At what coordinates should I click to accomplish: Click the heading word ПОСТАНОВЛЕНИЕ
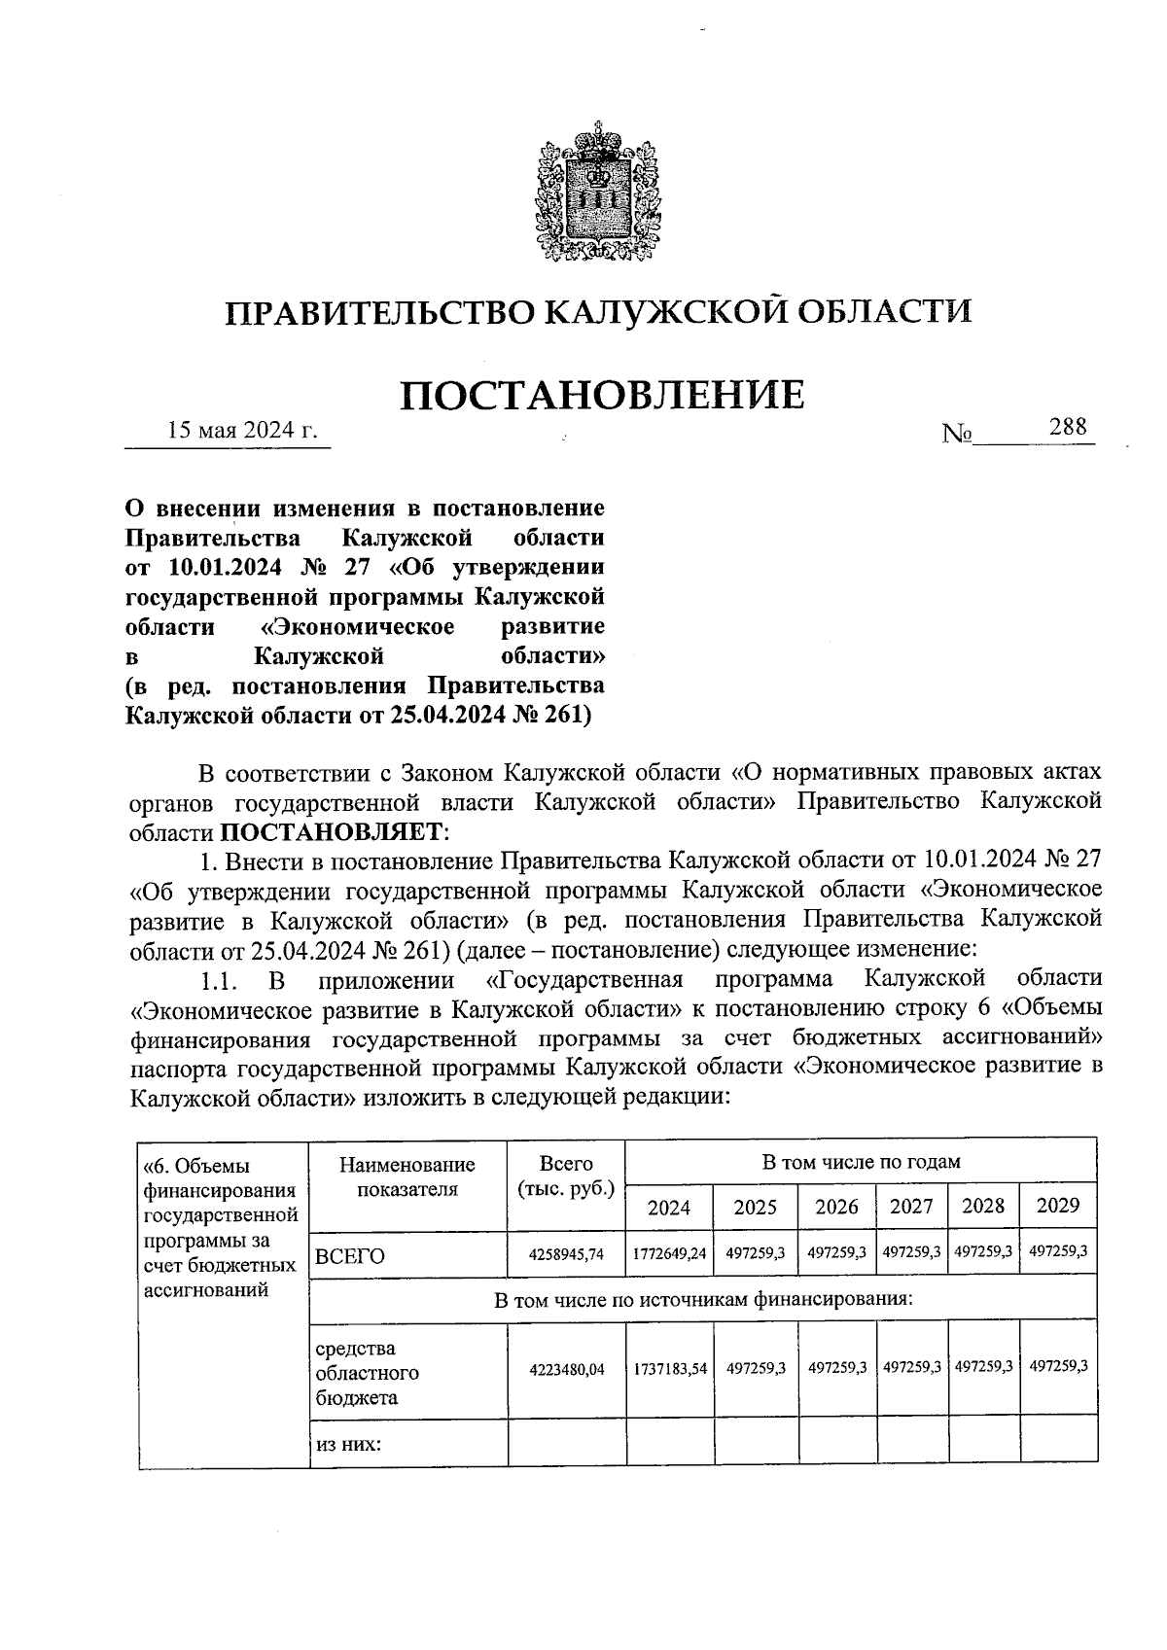coord(603,396)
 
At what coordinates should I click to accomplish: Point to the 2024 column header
coord(669,1208)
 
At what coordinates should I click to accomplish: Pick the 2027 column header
coord(911,1207)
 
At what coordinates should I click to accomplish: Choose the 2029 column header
coord(1058,1206)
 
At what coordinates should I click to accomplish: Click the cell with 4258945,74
coord(567,1254)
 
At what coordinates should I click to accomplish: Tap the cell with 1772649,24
coord(669,1254)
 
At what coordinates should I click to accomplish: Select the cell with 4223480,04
coord(567,1369)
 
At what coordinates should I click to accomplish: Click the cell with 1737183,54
coord(669,1368)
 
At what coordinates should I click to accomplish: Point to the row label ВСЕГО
coord(350,1256)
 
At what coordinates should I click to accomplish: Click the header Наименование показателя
coord(407,1176)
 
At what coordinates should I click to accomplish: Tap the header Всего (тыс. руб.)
coord(567,1176)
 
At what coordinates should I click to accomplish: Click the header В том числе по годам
coord(861,1162)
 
